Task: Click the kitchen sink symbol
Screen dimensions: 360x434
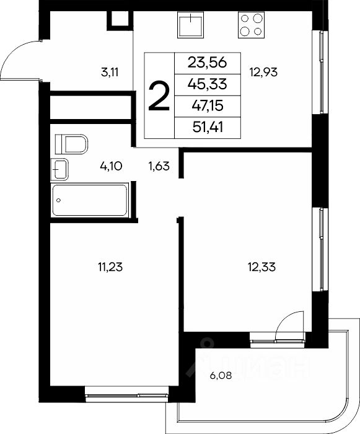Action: point(190,25)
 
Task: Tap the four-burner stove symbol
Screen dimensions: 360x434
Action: point(251,25)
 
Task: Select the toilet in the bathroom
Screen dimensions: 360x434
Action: point(71,144)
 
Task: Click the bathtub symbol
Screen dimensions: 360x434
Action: point(90,200)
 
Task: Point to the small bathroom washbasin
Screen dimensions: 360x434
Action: point(59,169)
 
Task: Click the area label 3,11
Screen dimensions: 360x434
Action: point(110,73)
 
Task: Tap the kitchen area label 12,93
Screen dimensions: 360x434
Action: point(263,73)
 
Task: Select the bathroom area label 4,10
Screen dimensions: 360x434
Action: point(111,166)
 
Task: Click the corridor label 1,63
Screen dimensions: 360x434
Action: point(159,166)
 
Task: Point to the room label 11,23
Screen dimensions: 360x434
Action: point(110,267)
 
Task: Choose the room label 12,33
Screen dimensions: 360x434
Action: point(261,267)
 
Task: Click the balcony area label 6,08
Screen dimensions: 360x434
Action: point(221,376)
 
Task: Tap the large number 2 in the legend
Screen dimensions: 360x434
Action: point(159,97)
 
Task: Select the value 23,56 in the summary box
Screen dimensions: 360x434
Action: point(207,62)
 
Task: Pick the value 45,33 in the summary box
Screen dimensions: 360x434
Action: point(207,84)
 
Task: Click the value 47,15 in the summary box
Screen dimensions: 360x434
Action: point(207,105)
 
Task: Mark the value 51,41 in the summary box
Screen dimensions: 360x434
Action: point(207,127)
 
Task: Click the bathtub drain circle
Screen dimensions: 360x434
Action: point(58,200)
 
